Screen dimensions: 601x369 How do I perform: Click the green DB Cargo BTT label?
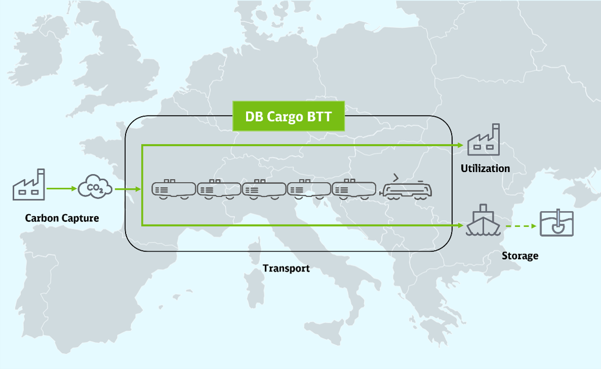coord(289,116)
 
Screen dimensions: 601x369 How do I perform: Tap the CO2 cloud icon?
coord(95,187)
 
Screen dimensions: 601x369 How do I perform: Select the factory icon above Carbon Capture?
coord(29,184)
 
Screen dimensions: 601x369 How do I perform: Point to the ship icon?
coord(483,220)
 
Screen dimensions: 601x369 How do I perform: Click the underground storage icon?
coord(557,223)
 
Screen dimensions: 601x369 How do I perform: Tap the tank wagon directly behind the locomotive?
coord(354,189)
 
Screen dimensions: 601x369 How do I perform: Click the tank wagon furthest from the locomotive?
coord(173,189)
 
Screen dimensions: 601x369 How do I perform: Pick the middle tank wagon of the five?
coord(264,189)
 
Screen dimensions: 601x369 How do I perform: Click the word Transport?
coord(286,268)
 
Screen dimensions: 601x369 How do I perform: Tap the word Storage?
coord(520,256)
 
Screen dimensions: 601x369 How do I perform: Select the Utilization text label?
coord(485,168)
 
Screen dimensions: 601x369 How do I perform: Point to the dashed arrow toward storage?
coord(521,226)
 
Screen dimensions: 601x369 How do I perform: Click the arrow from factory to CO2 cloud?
coord(62,188)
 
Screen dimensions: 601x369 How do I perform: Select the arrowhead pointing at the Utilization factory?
coord(461,145)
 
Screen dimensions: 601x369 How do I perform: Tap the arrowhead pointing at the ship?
coord(461,225)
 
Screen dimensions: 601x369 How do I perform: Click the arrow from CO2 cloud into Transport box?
coord(128,189)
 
